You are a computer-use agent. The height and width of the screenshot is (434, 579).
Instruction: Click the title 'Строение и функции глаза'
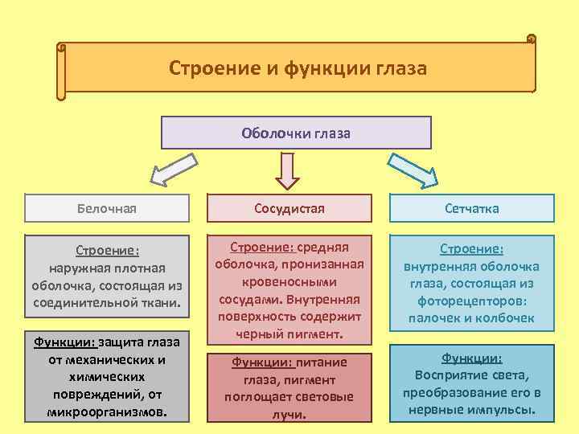pyautogui.click(x=298, y=68)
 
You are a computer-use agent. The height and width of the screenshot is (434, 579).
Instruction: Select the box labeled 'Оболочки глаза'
pyautogui.click(x=296, y=133)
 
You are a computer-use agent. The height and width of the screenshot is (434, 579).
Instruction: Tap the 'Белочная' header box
pyautogui.click(x=106, y=209)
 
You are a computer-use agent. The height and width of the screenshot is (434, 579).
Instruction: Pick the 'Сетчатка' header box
pyautogui.click(x=472, y=209)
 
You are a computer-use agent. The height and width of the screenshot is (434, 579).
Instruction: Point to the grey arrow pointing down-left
pyautogui.click(x=174, y=170)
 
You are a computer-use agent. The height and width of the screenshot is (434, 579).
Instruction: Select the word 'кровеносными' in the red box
pyautogui.click(x=289, y=282)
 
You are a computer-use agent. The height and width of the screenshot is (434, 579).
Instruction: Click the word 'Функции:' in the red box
pyautogui.click(x=257, y=362)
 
